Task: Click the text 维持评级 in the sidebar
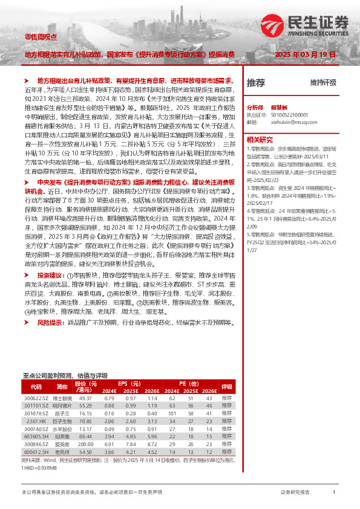[x=323, y=82]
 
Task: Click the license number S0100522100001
[x=290, y=113]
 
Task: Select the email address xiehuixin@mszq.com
[x=292, y=121]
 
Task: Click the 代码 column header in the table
[x=36, y=387]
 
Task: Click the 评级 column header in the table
[x=226, y=387]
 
